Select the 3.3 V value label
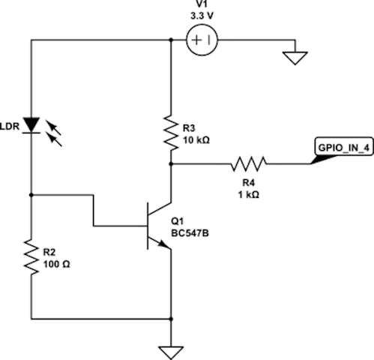[x=202, y=16]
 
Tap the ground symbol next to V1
[x=295, y=58]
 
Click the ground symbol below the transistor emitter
[x=171, y=352]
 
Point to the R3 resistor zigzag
[x=171, y=133]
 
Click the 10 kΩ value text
[x=196, y=140]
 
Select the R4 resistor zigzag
[x=248, y=164]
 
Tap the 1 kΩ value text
[x=249, y=195]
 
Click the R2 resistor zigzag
[x=31, y=256]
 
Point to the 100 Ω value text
[x=57, y=264]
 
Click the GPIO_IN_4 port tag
[x=344, y=148]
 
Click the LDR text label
[x=10, y=127]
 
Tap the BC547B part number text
[x=190, y=233]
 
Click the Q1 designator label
[x=178, y=221]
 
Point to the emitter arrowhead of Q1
[x=164, y=244]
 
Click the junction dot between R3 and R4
[x=171, y=164]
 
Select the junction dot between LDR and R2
[x=31, y=195]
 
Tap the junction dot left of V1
[x=171, y=40]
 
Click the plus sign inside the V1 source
[x=197, y=40]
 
